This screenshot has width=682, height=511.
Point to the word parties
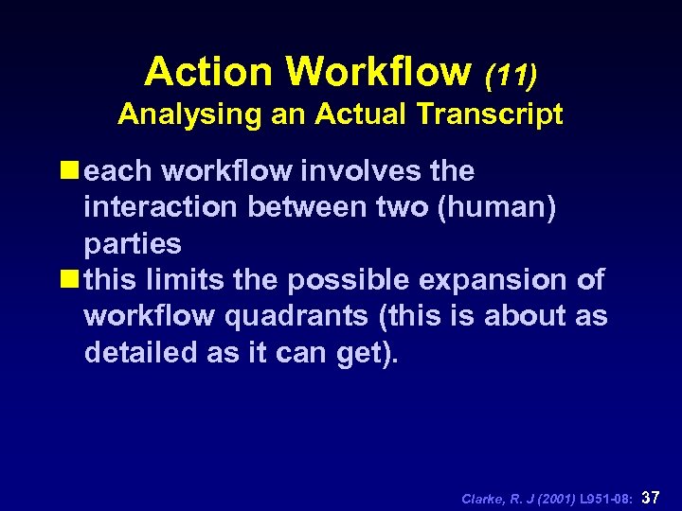tap(133, 244)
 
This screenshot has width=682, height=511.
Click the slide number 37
tap(651, 497)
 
